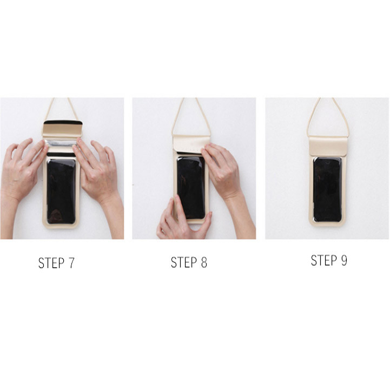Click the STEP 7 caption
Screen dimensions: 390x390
(x=56, y=263)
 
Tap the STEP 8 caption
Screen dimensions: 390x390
(x=189, y=262)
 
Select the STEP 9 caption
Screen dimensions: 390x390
(x=329, y=260)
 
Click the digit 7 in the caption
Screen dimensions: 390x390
(x=71, y=263)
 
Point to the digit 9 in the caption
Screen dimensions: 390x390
(x=344, y=260)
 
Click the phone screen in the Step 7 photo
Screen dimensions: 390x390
(x=61, y=191)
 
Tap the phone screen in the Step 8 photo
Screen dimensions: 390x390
(x=191, y=188)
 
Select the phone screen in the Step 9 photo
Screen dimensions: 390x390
(x=327, y=189)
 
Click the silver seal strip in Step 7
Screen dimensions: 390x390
(x=61, y=144)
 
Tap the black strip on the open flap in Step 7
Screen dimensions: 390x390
(x=63, y=123)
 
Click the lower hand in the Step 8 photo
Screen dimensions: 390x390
(x=182, y=220)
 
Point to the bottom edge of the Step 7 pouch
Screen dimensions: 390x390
(x=61, y=227)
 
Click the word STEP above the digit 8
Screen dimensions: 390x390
(x=183, y=262)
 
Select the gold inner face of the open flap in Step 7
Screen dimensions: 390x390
(x=62, y=130)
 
